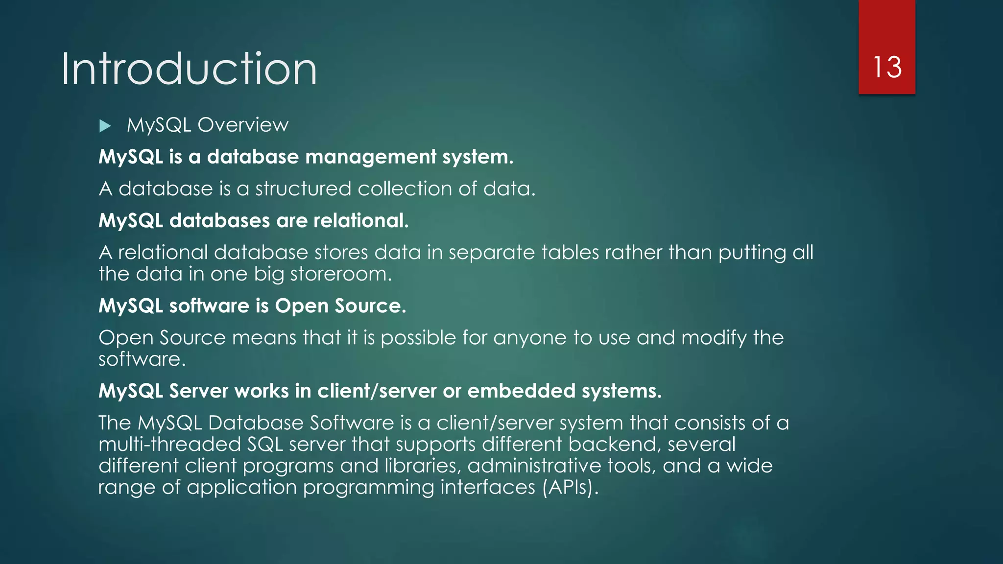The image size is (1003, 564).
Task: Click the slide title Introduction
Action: [x=189, y=69]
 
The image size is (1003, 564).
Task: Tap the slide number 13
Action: [x=887, y=67]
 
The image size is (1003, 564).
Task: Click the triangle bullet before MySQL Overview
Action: [x=105, y=126]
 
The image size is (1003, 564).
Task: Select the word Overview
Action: [x=243, y=125]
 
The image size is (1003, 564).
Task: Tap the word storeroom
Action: [x=341, y=274]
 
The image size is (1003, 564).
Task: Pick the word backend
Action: [x=614, y=445]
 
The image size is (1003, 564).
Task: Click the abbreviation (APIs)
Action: [x=570, y=488]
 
